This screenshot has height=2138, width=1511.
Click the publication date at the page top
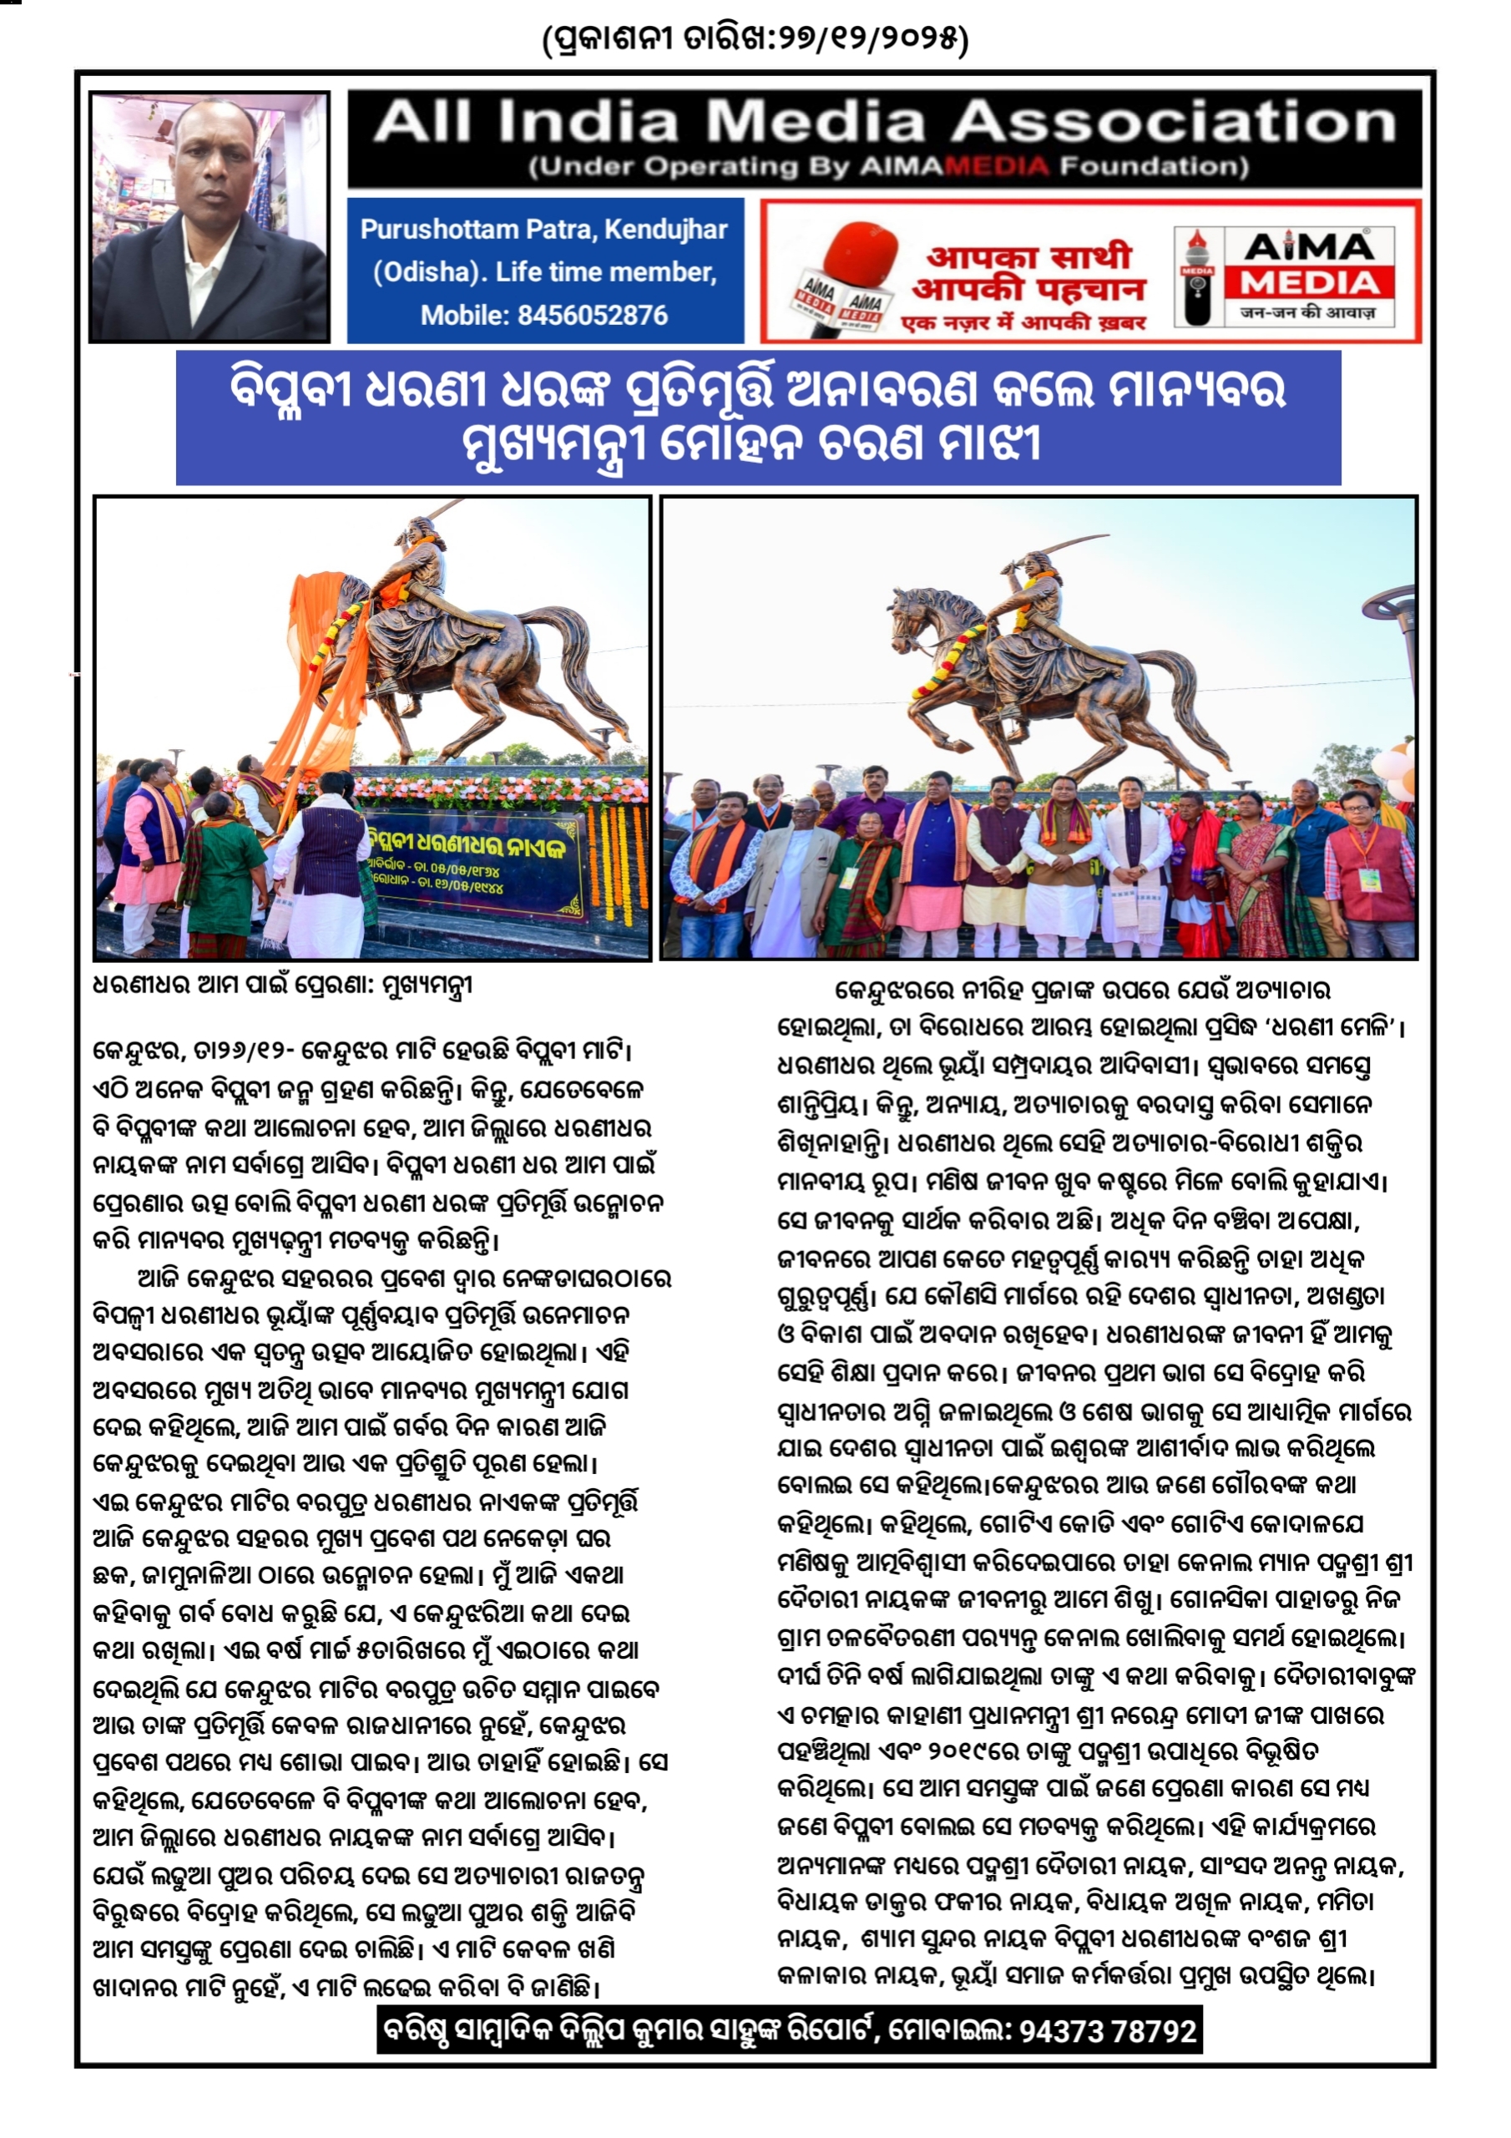pyautogui.click(x=755, y=38)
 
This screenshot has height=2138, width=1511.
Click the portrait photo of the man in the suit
pyautogui.click(x=210, y=216)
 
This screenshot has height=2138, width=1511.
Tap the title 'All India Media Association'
pyautogui.click(x=884, y=122)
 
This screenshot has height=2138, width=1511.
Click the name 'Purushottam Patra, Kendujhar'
pyautogui.click(x=543, y=229)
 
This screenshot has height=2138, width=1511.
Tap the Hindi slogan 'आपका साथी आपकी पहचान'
pyautogui.click(x=1028, y=273)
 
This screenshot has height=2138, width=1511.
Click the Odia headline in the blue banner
pyautogui.click(x=758, y=416)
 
